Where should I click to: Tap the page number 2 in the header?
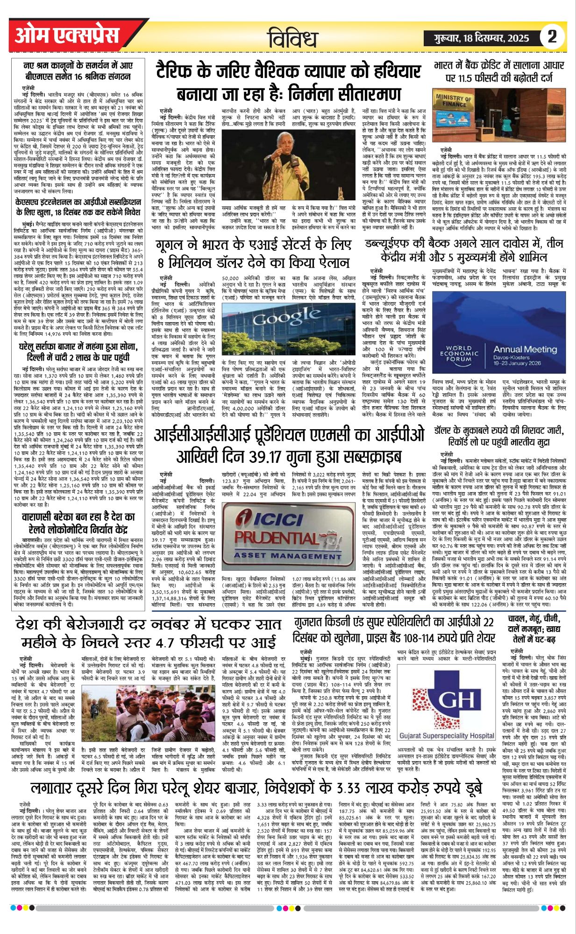(x=552, y=36)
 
